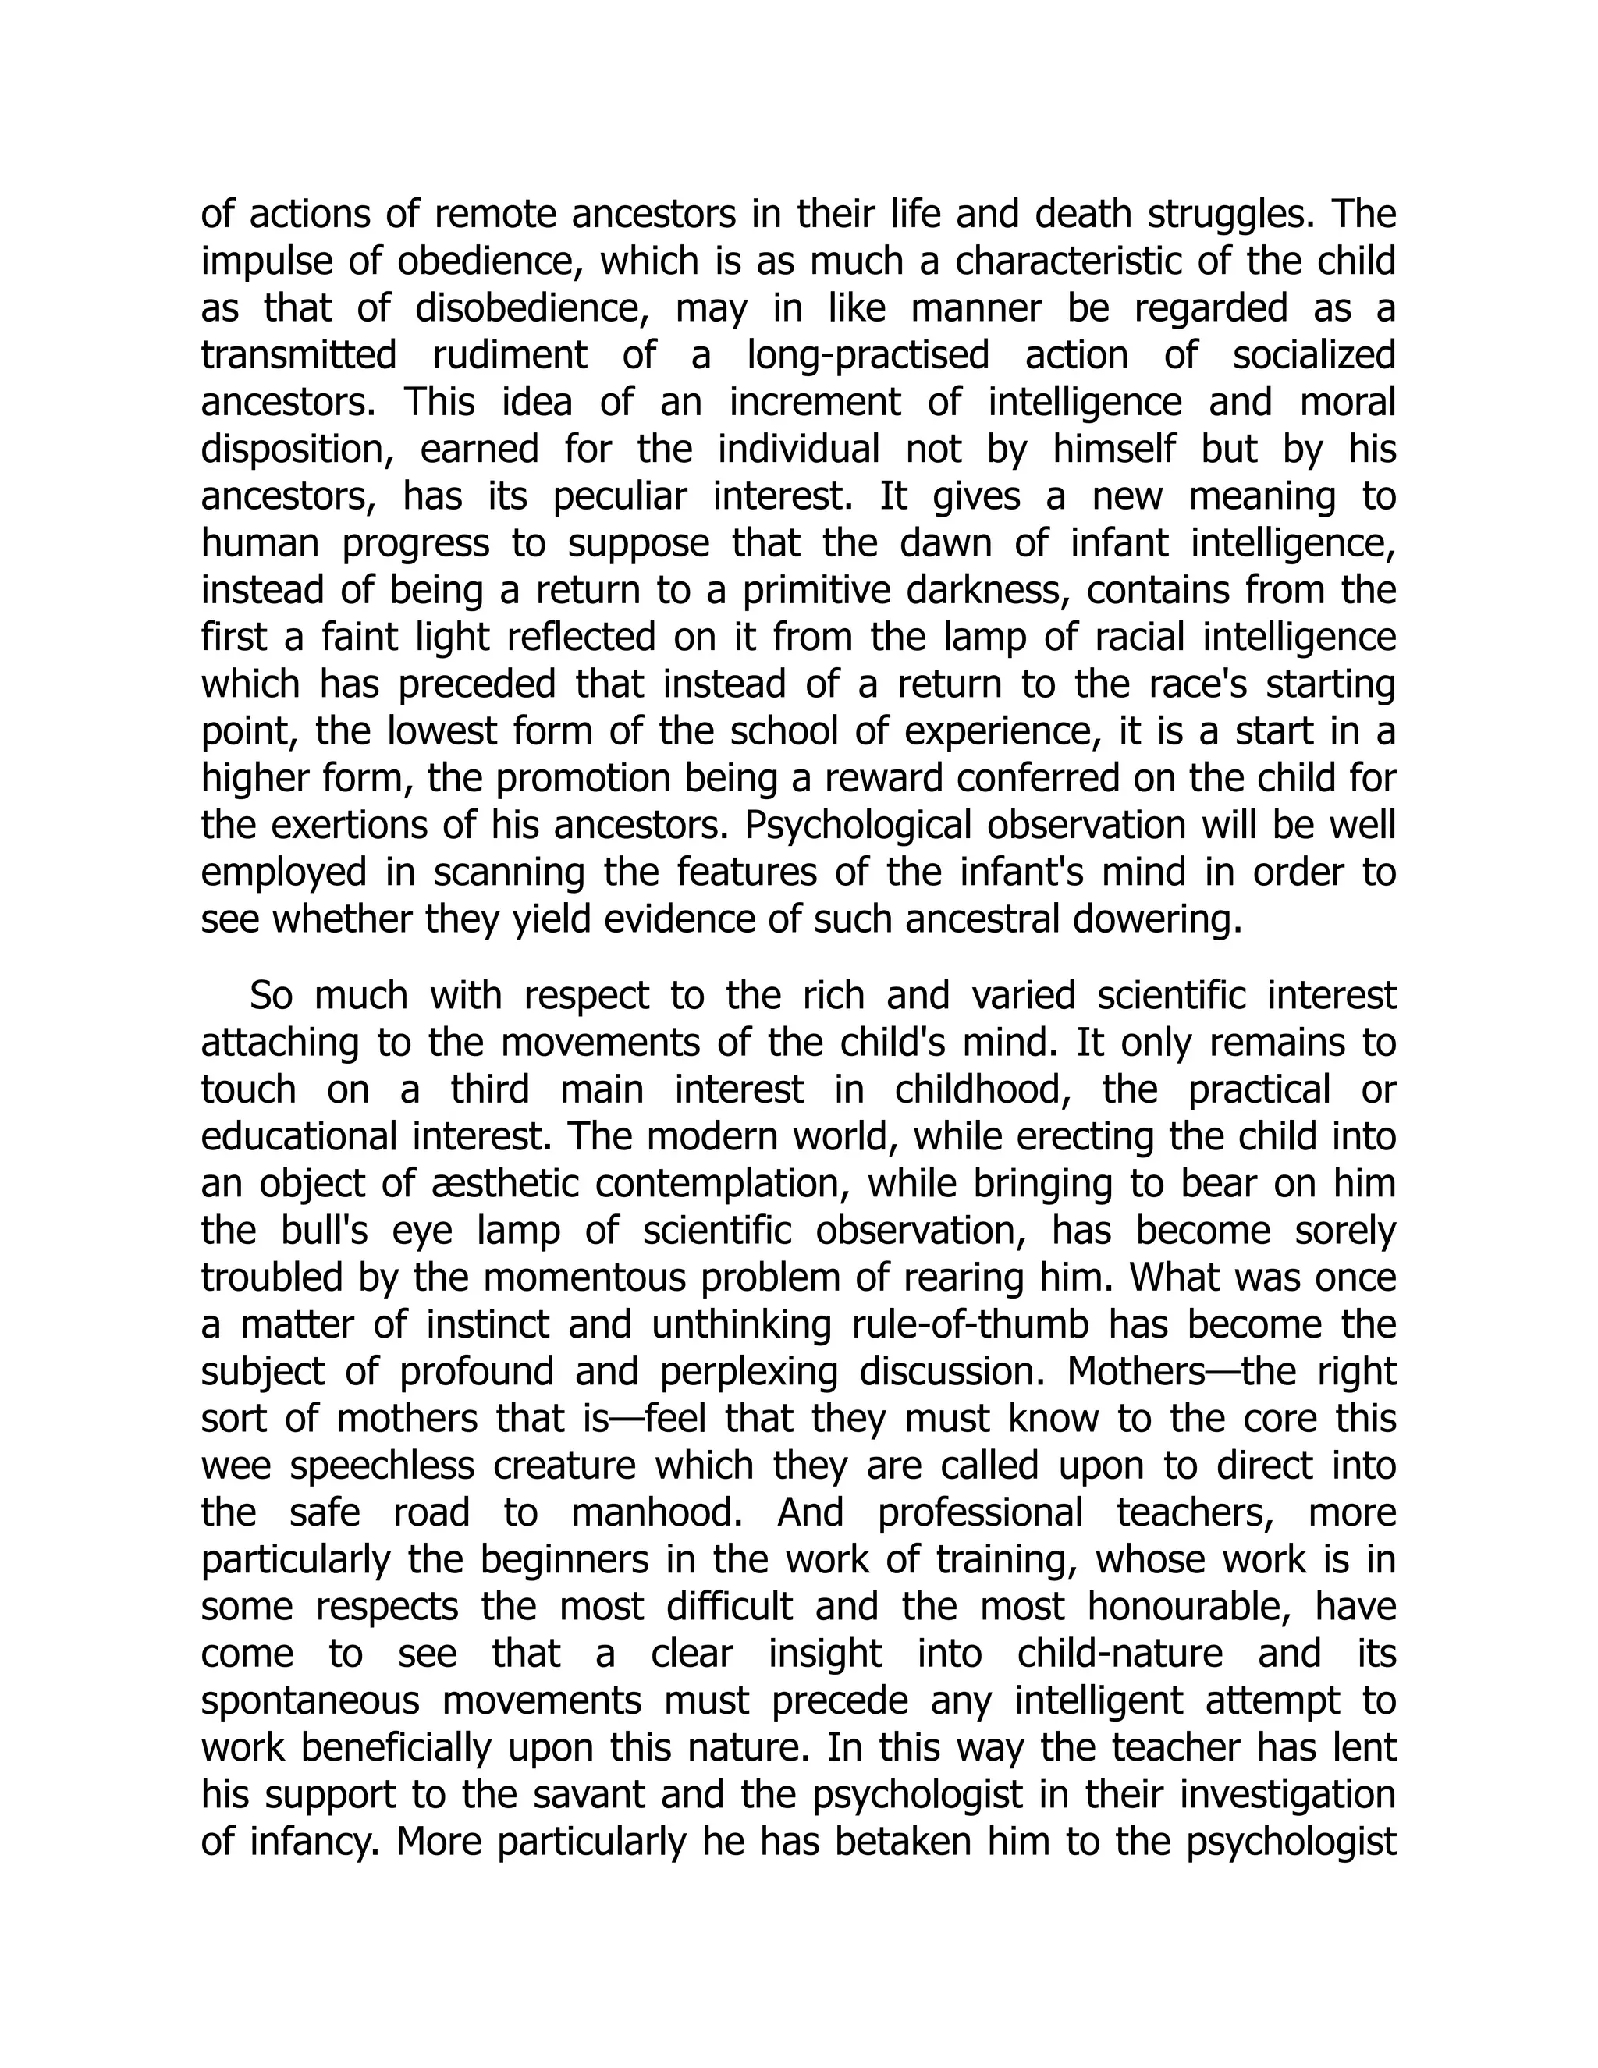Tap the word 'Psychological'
(x=858, y=826)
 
